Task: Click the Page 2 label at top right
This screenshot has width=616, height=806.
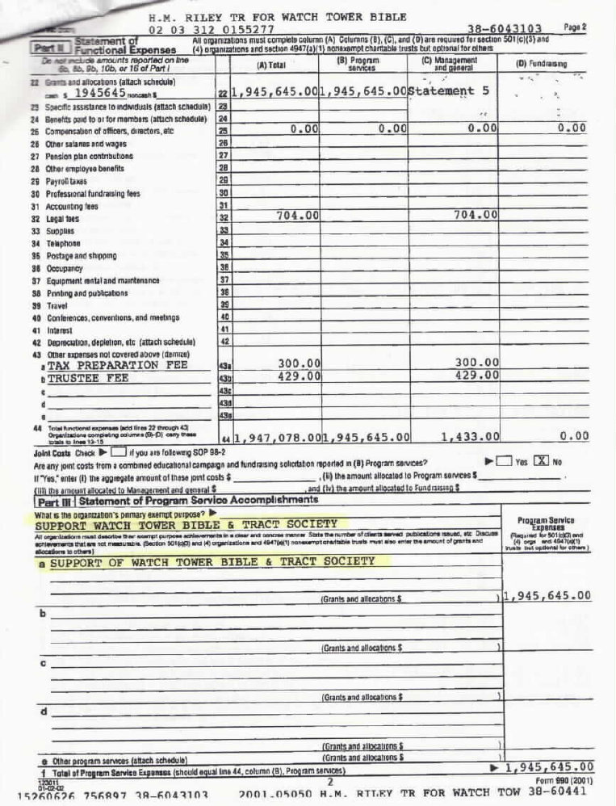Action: click(x=575, y=27)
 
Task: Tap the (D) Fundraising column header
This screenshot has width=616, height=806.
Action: click(x=542, y=65)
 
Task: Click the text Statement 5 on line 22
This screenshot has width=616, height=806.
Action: click(x=449, y=91)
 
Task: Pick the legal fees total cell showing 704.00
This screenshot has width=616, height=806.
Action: click(x=298, y=215)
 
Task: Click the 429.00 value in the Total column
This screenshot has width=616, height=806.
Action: click(x=300, y=376)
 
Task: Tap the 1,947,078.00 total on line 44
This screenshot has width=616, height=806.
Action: click(x=275, y=437)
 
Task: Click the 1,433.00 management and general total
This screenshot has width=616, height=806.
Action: click(x=470, y=437)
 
